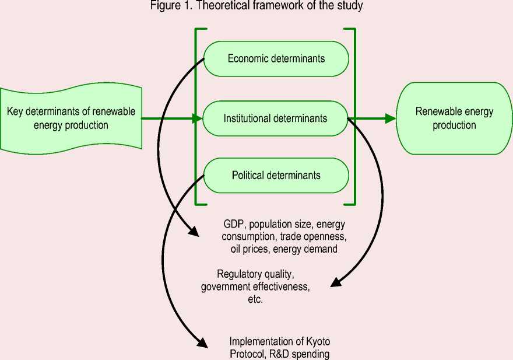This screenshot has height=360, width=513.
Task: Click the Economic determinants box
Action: coord(276,58)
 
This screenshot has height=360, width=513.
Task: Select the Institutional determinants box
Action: coord(276,118)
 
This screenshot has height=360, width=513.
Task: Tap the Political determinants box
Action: coord(276,175)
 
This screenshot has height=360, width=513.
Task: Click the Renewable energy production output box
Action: coord(454,118)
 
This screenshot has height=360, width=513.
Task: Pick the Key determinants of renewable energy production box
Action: coord(71,117)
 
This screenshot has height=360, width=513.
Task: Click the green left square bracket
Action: coord(197,117)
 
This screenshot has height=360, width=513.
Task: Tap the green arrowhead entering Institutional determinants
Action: coord(198,118)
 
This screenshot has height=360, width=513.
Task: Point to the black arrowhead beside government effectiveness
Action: coord(335,284)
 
